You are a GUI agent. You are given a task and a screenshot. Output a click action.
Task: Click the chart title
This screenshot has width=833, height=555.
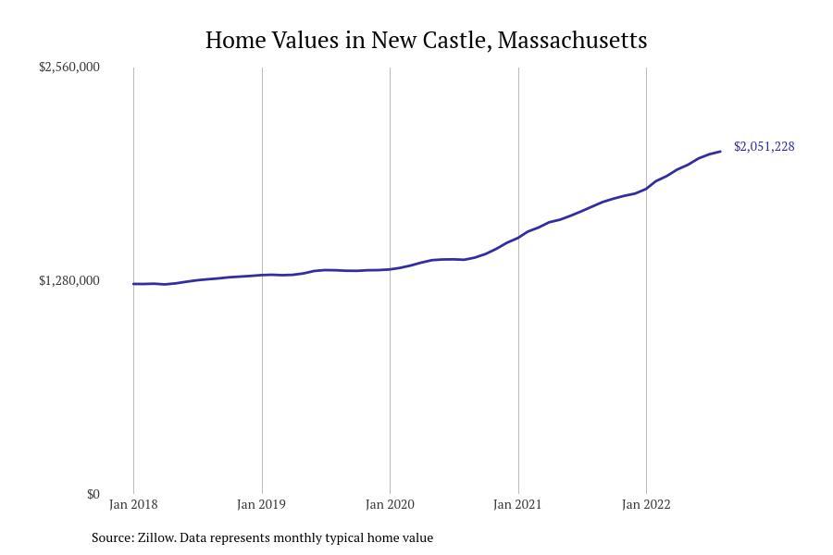(426, 41)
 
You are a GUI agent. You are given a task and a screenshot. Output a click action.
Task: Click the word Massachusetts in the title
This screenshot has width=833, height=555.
(572, 41)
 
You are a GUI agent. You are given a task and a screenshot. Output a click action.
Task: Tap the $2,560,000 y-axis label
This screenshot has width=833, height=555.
(69, 68)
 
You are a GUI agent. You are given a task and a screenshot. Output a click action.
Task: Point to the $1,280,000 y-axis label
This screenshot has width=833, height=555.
(69, 281)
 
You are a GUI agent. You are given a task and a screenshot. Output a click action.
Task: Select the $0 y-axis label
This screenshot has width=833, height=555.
(93, 494)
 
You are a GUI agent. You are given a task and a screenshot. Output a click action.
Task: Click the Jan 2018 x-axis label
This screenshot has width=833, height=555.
(133, 505)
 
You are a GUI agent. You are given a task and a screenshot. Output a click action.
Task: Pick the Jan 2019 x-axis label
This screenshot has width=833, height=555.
(262, 505)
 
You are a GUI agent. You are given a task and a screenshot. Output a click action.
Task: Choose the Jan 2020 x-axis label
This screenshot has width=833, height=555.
(390, 505)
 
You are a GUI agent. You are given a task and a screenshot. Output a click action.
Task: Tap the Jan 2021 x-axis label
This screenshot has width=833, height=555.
(517, 505)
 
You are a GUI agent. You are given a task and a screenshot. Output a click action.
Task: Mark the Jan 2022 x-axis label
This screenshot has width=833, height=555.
(646, 505)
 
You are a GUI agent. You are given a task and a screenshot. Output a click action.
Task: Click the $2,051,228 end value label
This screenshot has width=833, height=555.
(764, 147)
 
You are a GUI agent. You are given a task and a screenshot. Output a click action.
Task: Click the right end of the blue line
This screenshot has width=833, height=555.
(720, 152)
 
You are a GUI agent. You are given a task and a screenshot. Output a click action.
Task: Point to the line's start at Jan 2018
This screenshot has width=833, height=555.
(134, 284)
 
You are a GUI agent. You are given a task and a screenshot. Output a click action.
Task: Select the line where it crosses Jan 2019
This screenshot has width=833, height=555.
(262, 275)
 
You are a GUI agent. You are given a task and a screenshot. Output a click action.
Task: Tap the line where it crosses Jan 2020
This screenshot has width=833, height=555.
(390, 269)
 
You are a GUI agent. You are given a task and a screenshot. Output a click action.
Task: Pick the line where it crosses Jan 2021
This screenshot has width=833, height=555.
(518, 237)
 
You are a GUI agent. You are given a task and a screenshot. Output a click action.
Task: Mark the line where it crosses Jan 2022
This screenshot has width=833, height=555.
(646, 188)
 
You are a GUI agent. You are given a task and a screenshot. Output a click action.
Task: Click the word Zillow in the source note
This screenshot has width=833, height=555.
(156, 537)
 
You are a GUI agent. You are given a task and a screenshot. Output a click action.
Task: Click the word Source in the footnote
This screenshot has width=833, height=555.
(112, 537)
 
